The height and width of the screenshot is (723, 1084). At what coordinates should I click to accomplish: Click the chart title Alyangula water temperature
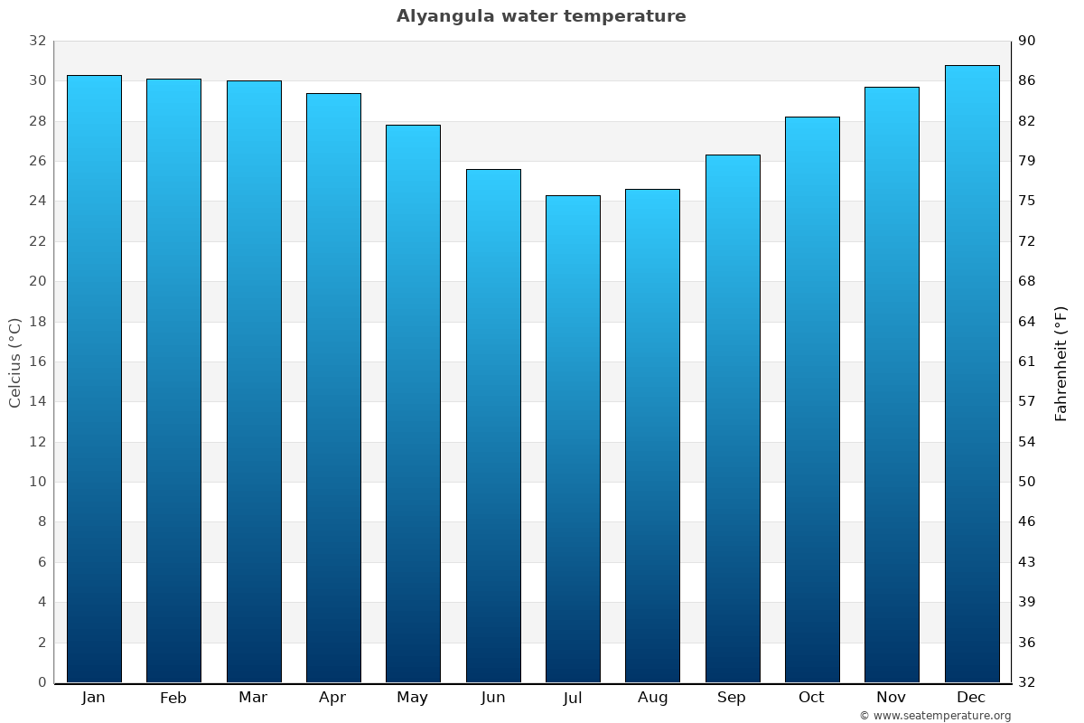[541, 16]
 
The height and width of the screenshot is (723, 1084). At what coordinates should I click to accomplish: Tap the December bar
[971, 374]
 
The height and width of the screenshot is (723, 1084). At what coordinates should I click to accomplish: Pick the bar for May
[413, 404]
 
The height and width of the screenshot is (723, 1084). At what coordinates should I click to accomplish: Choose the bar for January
[94, 379]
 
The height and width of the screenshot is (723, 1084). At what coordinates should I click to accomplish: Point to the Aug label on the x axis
[652, 698]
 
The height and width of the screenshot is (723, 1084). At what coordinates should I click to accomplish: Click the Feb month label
[173, 698]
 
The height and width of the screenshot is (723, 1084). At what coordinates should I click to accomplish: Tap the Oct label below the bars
[811, 698]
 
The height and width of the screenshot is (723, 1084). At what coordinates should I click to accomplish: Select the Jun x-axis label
[493, 698]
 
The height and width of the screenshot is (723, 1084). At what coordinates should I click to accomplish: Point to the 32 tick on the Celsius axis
[37, 41]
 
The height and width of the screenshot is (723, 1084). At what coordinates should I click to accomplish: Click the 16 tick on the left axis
[37, 361]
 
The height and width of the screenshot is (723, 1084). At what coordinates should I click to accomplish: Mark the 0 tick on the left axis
[42, 682]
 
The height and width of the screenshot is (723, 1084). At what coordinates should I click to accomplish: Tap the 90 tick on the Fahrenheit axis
[1027, 41]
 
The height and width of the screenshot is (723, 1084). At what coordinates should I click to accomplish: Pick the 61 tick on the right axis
[1027, 361]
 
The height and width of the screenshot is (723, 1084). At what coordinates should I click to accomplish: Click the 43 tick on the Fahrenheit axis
[1027, 562]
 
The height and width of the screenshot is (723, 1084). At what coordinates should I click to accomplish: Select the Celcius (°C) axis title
[14, 361]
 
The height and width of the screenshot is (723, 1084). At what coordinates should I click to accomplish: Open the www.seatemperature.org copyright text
[935, 716]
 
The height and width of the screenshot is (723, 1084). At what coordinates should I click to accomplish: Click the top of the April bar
[333, 94]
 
